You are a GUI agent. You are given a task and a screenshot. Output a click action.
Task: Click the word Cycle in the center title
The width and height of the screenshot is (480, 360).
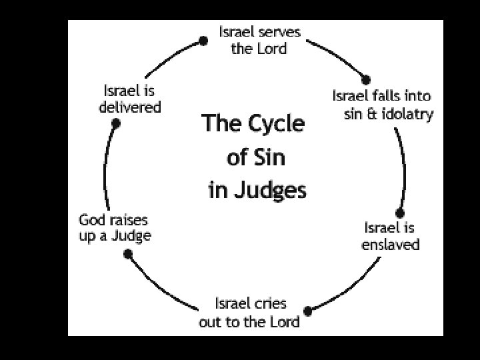coord(272,124)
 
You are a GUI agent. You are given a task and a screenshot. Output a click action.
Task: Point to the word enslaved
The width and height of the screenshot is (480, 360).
coord(391,245)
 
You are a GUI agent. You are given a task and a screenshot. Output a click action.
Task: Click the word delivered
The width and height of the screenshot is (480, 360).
coord(130,107)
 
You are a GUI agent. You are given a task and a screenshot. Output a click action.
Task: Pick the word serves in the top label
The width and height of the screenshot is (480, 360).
coord(278,31)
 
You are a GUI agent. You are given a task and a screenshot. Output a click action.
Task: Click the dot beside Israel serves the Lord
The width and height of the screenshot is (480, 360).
coord(204,41)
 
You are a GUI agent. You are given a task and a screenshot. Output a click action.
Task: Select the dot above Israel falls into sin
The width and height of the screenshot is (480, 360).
coord(365,80)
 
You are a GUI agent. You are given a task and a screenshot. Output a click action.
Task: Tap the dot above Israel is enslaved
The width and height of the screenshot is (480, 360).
coord(400,213)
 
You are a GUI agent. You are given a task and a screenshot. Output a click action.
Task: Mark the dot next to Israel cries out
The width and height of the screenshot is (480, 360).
coord(307,311)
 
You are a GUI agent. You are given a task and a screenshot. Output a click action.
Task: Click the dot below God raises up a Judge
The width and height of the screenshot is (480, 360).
coord(128,253)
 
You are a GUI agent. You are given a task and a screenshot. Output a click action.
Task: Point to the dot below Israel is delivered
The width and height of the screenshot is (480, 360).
coord(116,123)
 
